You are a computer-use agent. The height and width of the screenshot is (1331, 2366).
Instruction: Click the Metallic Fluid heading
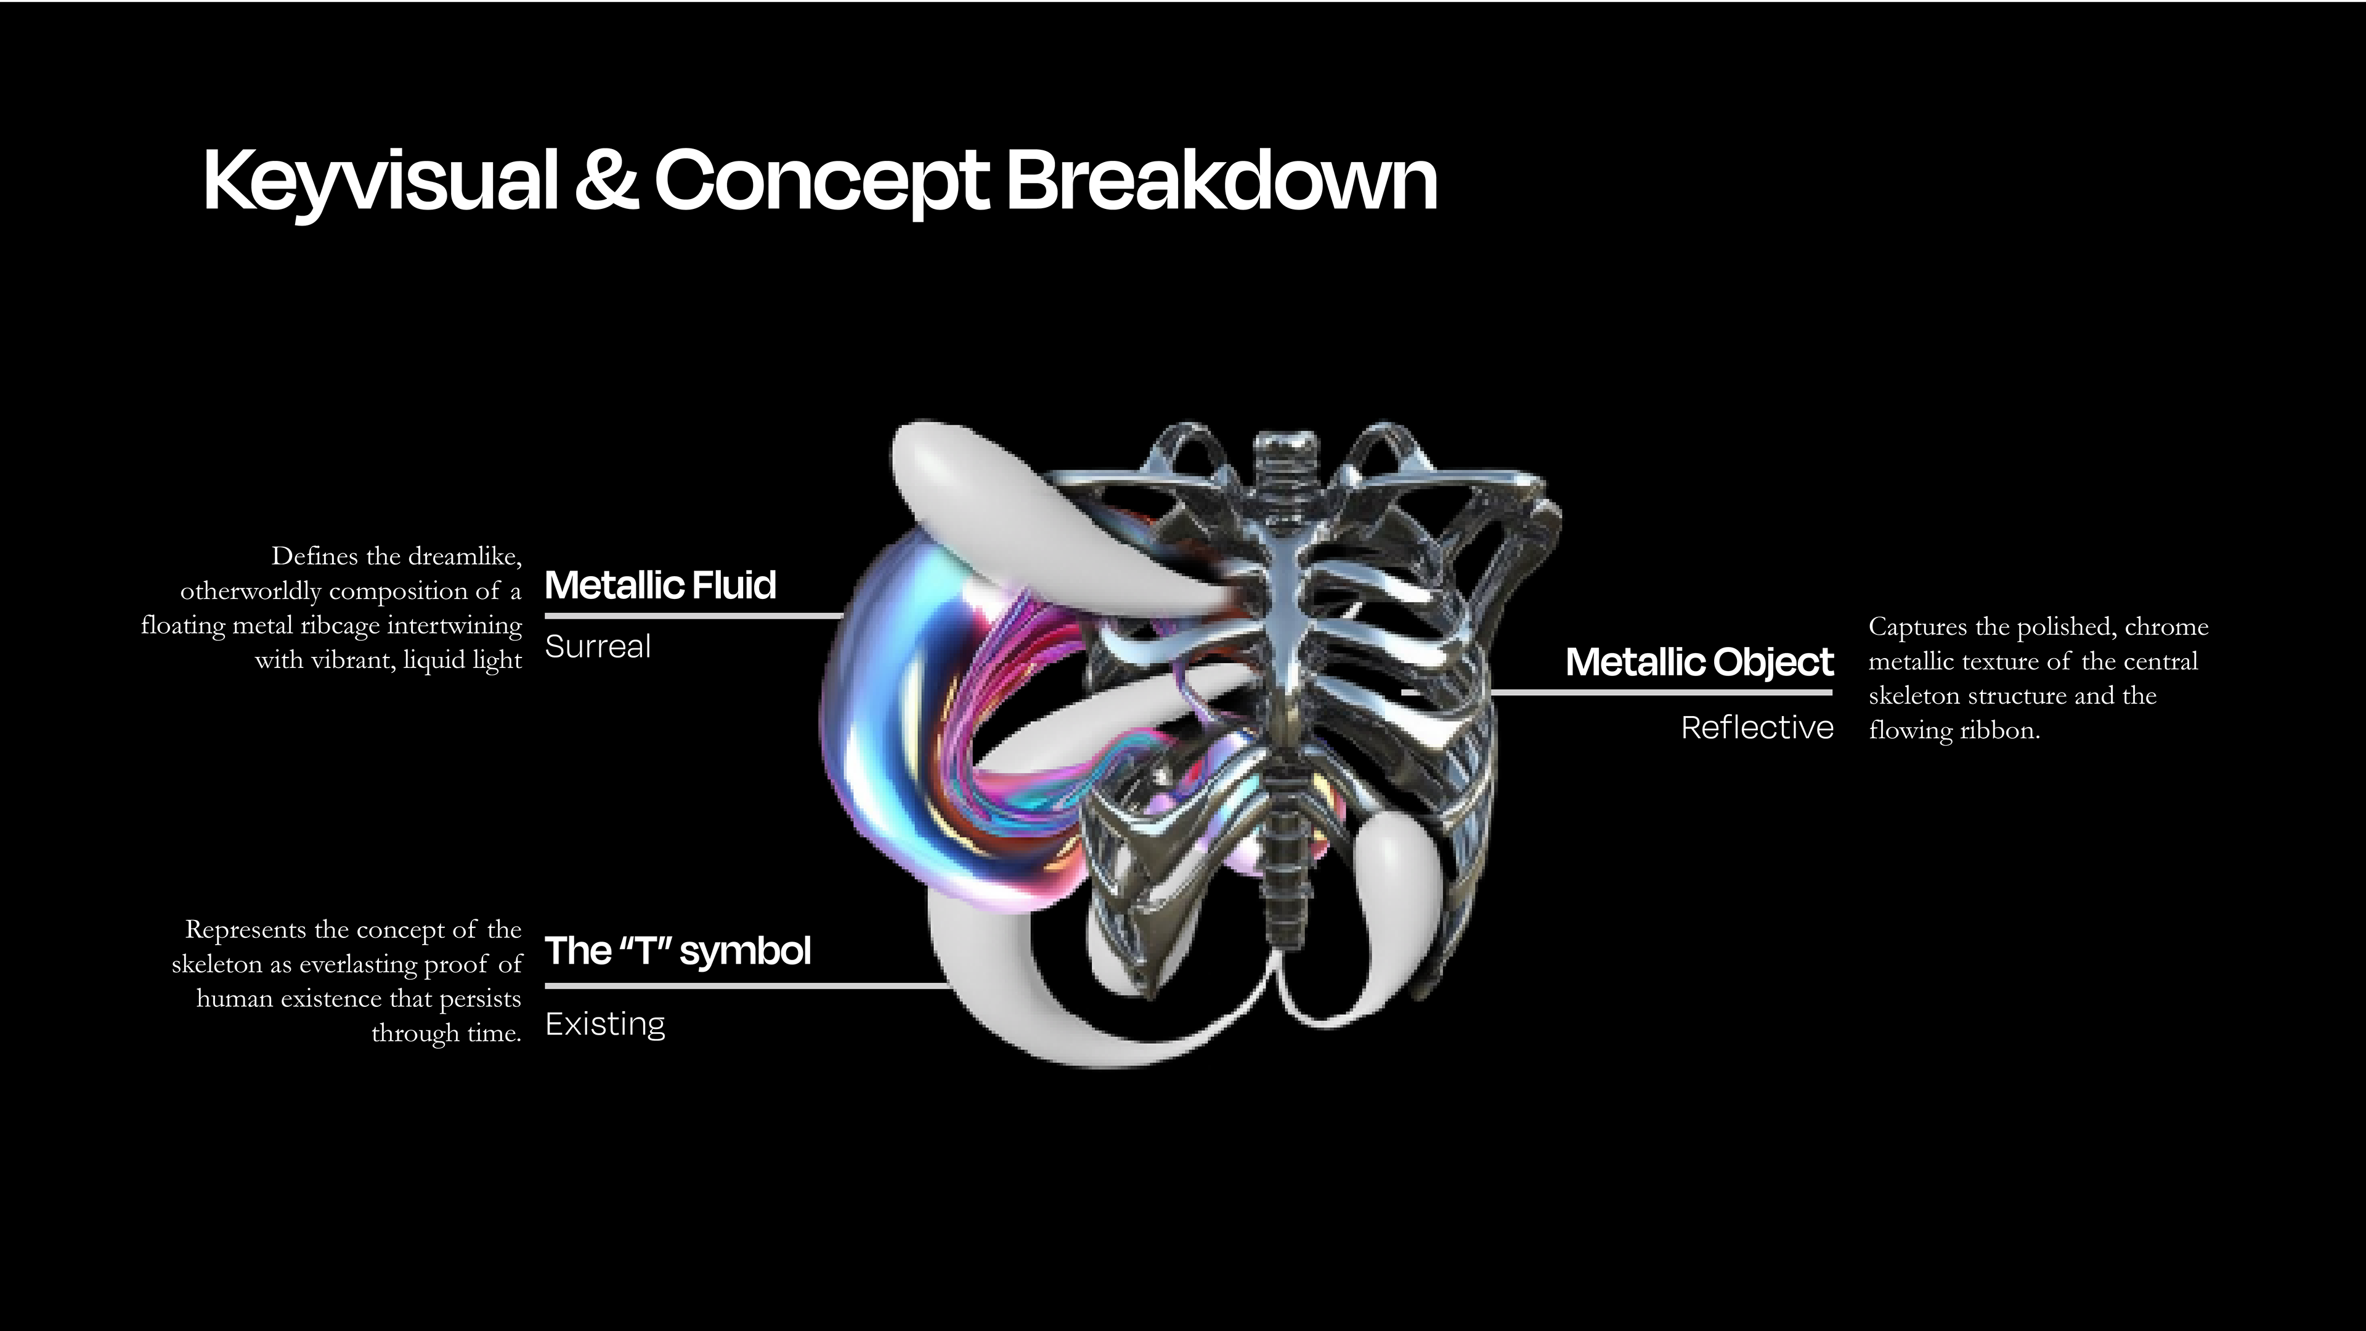coord(661,585)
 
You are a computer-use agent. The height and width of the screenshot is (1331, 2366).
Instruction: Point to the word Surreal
coord(598,646)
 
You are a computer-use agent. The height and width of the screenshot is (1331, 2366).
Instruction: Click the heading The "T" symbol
coord(678,951)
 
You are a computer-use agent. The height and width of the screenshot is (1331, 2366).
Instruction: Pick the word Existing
coord(605,1024)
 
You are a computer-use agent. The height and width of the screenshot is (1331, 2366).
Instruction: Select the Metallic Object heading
coord(1699,661)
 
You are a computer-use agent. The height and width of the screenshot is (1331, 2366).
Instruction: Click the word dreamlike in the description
coord(465,556)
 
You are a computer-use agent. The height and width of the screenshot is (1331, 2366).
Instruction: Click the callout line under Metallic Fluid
coord(693,616)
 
